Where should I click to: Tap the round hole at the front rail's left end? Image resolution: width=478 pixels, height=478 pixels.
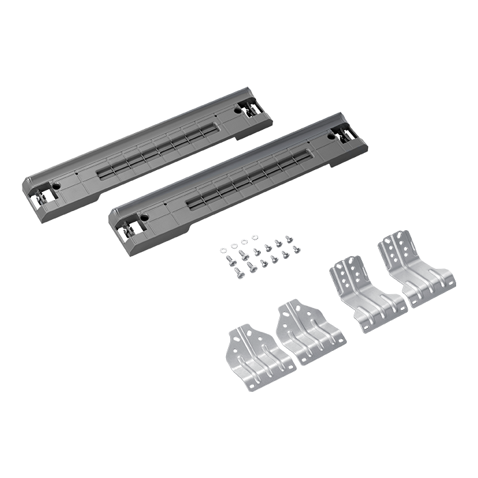(x=145, y=218)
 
